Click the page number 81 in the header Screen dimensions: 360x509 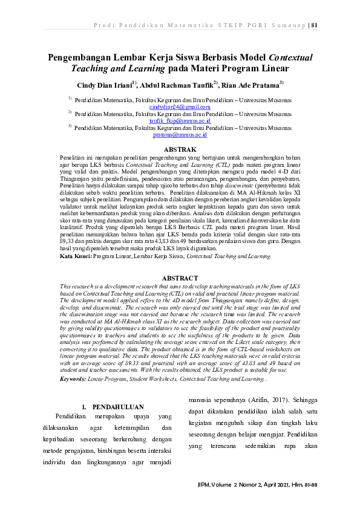point(314,25)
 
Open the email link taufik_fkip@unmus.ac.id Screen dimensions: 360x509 point(180,121)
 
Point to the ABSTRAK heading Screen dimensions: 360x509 point(180,149)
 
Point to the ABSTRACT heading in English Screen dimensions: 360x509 point(180,277)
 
